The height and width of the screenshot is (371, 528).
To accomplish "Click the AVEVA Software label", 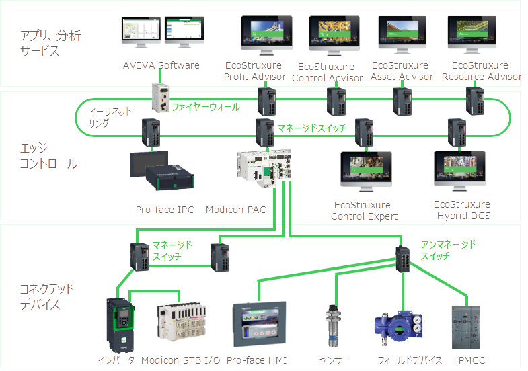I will [161, 65].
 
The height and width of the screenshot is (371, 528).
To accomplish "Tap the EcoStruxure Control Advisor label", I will [328, 72].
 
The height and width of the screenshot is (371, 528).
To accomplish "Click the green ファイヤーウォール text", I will [205, 107].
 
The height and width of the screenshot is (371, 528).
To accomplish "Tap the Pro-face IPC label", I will [165, 210].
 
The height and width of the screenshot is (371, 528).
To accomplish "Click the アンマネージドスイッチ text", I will [448, 250].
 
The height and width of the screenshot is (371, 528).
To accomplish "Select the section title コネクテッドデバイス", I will [47, 296].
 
